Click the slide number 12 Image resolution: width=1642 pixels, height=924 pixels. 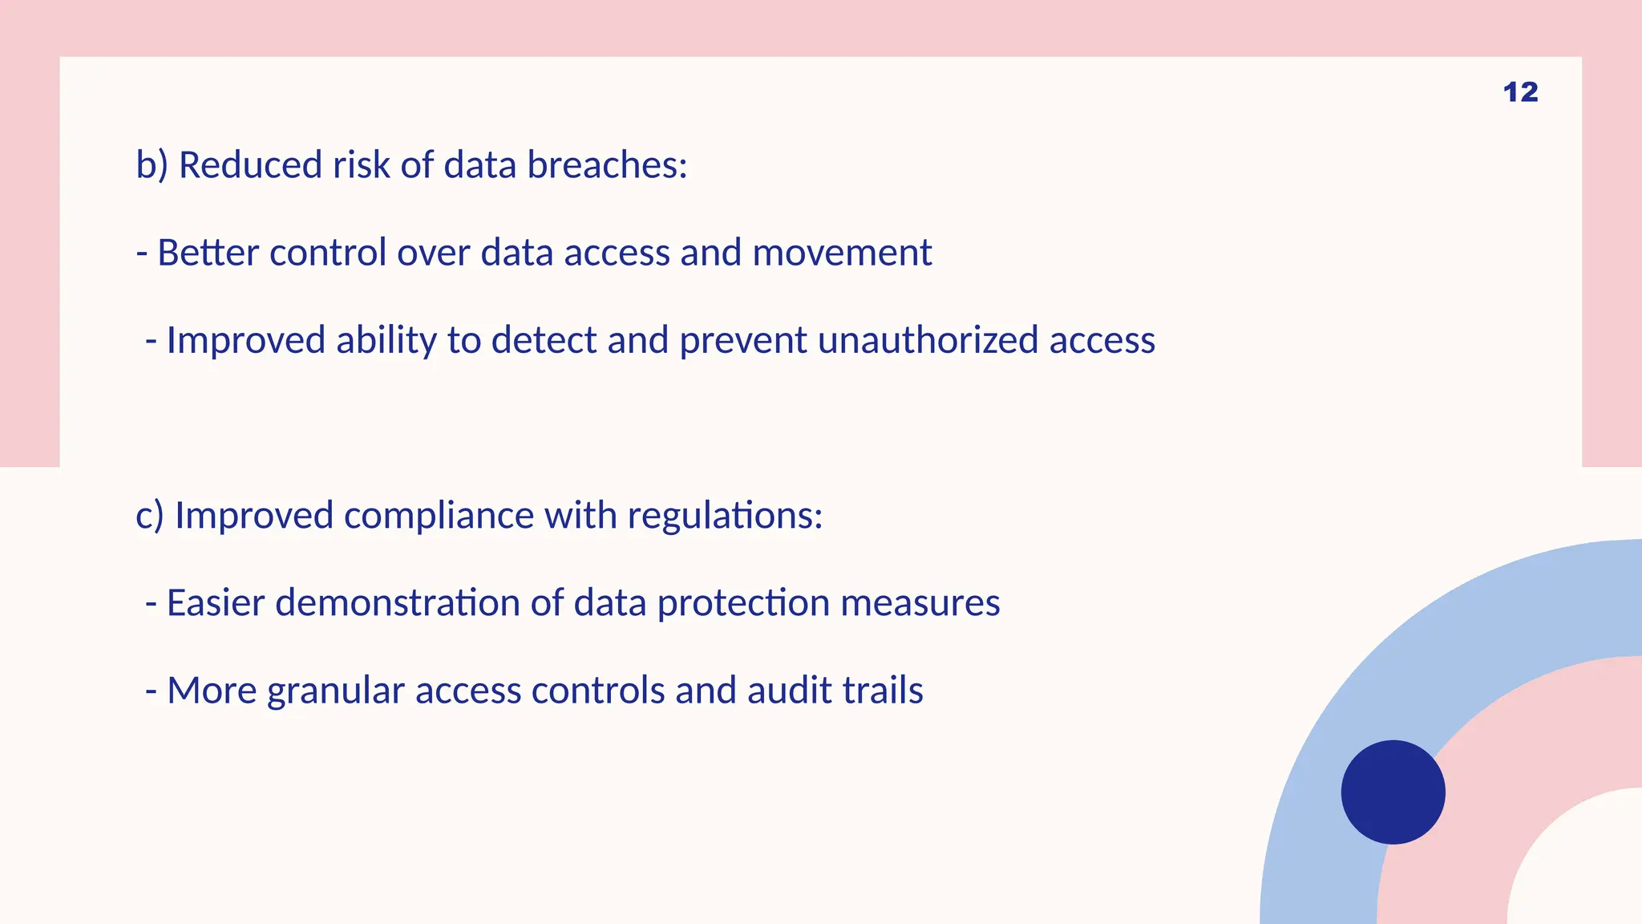click(x=1520, y=92)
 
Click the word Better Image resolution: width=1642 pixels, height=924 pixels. click(x=208, y=253)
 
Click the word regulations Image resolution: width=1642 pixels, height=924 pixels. click(x=725, y=516)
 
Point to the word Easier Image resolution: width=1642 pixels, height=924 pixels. click(x=215, y=602)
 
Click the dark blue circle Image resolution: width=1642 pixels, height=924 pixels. click(x=1393, y=792)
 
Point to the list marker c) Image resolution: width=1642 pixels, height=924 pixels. click(x=150, y=516)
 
